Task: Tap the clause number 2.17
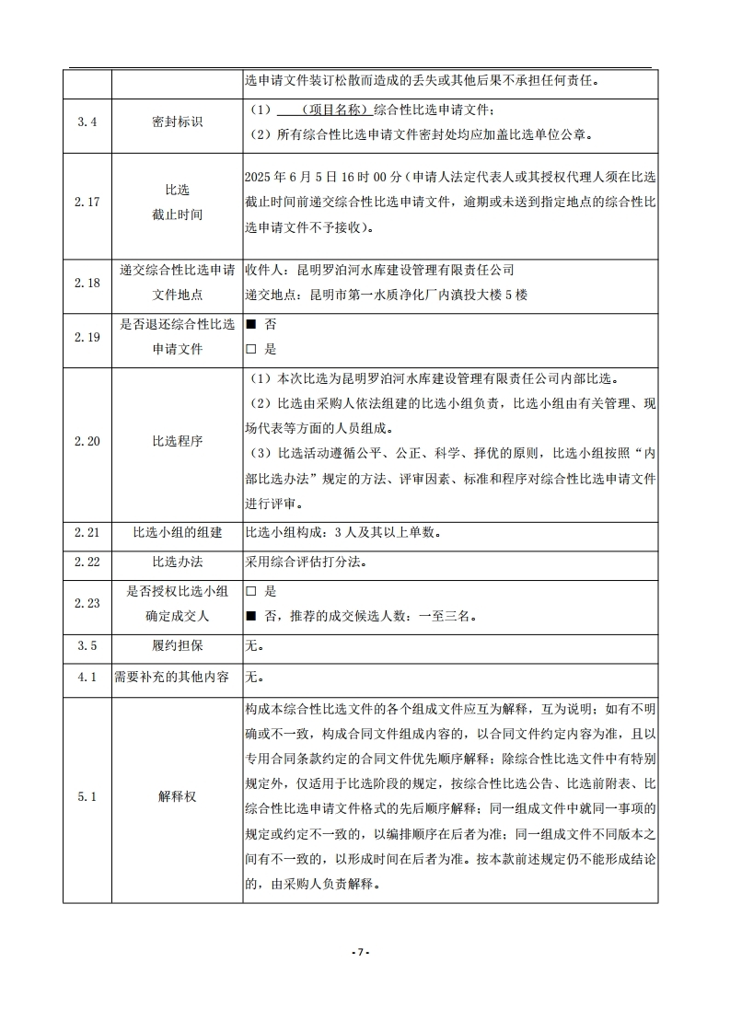(87, 202)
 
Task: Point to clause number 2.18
(87, 282)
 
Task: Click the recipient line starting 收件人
(379, 270)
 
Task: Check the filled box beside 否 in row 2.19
(250, 325)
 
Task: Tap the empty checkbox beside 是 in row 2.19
(250, 349)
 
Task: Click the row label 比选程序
(177, 441)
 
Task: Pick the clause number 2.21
(87, 532)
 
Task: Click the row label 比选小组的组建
(177, 532)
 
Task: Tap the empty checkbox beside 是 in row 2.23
(250, 591)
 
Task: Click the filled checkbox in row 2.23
(250, 615)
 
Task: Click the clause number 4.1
(87, 677)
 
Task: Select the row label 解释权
(177, 796)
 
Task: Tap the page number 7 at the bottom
(361, 951)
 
